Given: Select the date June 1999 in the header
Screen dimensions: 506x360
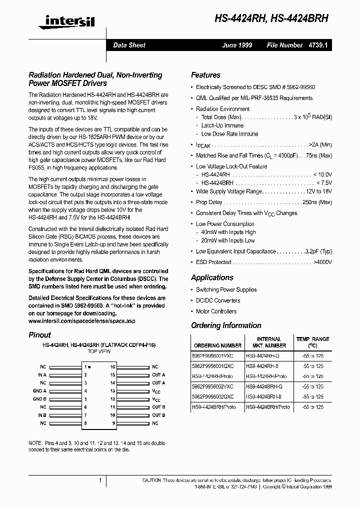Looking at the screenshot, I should [237, 45].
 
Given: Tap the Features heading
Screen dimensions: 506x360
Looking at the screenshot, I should [205, 75].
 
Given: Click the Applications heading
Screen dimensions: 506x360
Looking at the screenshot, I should [212, 277].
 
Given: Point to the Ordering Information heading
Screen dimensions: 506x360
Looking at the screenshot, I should [226, 325].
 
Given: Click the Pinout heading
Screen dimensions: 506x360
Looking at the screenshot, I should [39, 335].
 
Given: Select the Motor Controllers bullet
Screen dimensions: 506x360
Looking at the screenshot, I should [216, 311].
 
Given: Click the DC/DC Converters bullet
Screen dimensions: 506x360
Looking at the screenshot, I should [217, 300].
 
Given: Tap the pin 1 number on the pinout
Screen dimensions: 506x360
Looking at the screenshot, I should [85, 366].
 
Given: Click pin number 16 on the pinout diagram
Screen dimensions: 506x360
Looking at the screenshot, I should [113, 366].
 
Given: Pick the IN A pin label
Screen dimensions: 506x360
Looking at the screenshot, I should [42, 374].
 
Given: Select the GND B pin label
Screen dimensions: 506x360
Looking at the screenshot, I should [39, 399].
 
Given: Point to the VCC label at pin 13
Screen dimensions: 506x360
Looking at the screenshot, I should [156, 391].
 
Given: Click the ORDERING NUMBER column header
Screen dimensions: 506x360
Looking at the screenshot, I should [217, 345].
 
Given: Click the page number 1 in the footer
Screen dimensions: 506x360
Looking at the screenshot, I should [100, 480].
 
